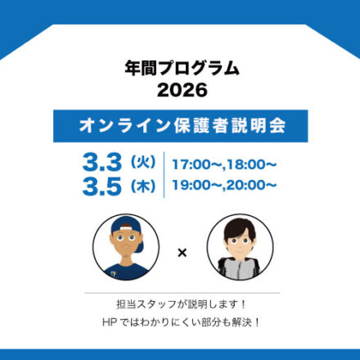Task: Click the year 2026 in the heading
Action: [x=182, y=90]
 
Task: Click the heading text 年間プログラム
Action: [x=182, y=68]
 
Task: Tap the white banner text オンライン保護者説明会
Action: [x=182, y=126]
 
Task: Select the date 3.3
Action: [x=101, y=162]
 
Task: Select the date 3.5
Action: [x=101, y=187]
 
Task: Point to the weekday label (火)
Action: [x=143, y=162]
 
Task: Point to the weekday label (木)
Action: [x=143, y=187]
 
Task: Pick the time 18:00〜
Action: [x=253, y=164]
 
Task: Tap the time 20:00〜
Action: [x=251, y=186]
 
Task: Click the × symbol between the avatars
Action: [x=182, y=253]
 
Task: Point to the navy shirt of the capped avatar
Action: [x=126, y=272]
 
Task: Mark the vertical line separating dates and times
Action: [x=164, y=174]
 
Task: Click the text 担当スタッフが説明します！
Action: [x=182, y=304]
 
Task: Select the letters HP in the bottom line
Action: [x=110, y=322]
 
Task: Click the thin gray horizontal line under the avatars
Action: [x=182, y=293]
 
